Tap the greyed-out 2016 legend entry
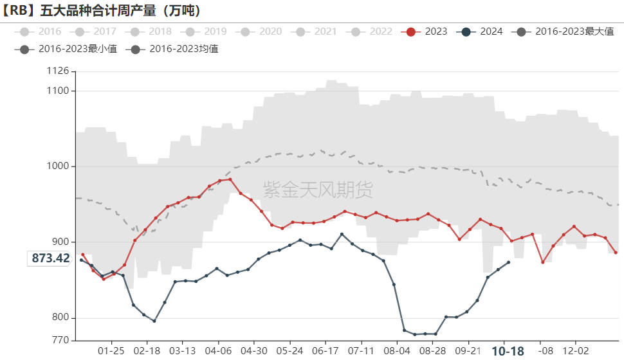point(41,32)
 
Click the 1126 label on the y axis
point(58,71)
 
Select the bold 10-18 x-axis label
point(508,351)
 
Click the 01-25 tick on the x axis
point(112,351)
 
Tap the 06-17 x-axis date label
point(326,351)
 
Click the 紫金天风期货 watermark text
point(318,189)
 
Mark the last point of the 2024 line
point(509,262)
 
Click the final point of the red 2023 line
point(616,253)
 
